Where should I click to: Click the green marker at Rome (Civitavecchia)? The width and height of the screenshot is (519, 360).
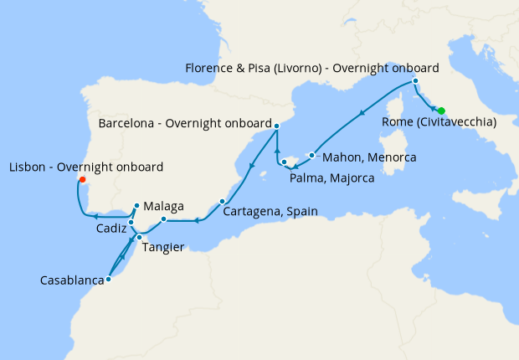[441, 111]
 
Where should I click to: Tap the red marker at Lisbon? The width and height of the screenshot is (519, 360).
[81, 178]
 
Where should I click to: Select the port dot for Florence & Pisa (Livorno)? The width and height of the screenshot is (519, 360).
[416, 81]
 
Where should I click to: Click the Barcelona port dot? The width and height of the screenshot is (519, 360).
[276, 126]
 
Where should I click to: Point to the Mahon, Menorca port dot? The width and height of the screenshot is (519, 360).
[311, 155]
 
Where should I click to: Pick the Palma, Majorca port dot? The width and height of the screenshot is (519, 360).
[284, 162]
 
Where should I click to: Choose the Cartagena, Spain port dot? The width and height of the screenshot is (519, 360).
[222, 201]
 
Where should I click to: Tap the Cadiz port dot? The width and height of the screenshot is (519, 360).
[131, 222]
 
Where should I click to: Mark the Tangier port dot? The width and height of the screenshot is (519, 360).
[139, 238]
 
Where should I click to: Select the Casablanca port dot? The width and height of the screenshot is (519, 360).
[109, 280]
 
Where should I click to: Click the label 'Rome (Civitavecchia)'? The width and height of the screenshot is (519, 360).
[439, 123]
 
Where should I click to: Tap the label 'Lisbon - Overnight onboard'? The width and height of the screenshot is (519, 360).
[85, 167]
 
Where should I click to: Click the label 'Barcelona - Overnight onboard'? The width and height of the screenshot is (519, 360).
[185, 123]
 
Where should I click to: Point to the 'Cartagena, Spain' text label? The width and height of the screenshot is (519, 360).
[270, 212]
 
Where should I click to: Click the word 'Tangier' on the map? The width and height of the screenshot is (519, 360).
[165, 247]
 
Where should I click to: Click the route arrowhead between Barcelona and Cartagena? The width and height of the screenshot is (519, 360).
[251, 164]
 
